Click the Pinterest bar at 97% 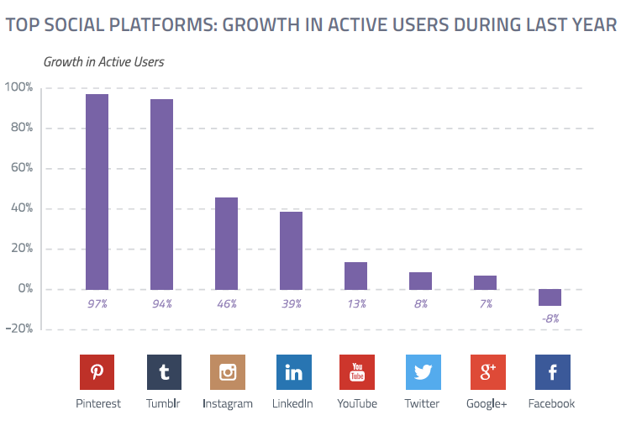97,192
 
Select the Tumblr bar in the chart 161,194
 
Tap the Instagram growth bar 226,243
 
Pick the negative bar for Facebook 550,297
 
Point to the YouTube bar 355,276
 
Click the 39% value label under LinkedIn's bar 292,303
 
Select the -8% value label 550,318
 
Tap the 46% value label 227,303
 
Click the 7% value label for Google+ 486,303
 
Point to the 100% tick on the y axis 18,87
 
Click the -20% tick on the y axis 18,329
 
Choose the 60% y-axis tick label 20,168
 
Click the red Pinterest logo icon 97,371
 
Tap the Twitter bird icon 422,371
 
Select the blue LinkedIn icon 292,371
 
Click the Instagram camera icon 227,371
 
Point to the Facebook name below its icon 551,403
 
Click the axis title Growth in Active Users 103,61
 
